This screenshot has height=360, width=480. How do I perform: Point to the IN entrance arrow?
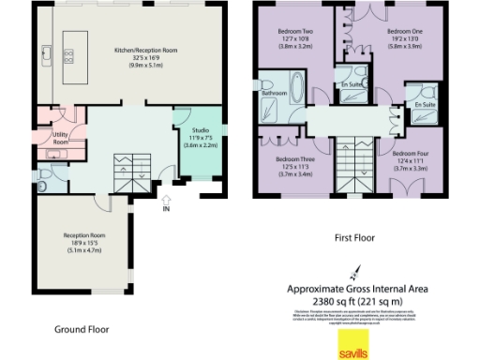pyautogui.click(x=166, y=201)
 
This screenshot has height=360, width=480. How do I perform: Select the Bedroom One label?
pyautogui.click(x=404, y=38)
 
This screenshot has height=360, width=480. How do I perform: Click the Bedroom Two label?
pyautogui.click(x=294, y=39)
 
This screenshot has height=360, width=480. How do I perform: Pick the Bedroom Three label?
pyautogui.click(x=293, y=166)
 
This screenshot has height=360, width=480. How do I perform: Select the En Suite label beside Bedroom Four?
pyautogui.click(x=425, y=106)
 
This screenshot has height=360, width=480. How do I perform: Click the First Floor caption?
pyautogui.click(x=353, y=238)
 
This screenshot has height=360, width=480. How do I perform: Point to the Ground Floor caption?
pyautogui.click(x=82, y=329)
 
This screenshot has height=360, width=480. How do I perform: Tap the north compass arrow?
pyautogui.click(x=355, y=271)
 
